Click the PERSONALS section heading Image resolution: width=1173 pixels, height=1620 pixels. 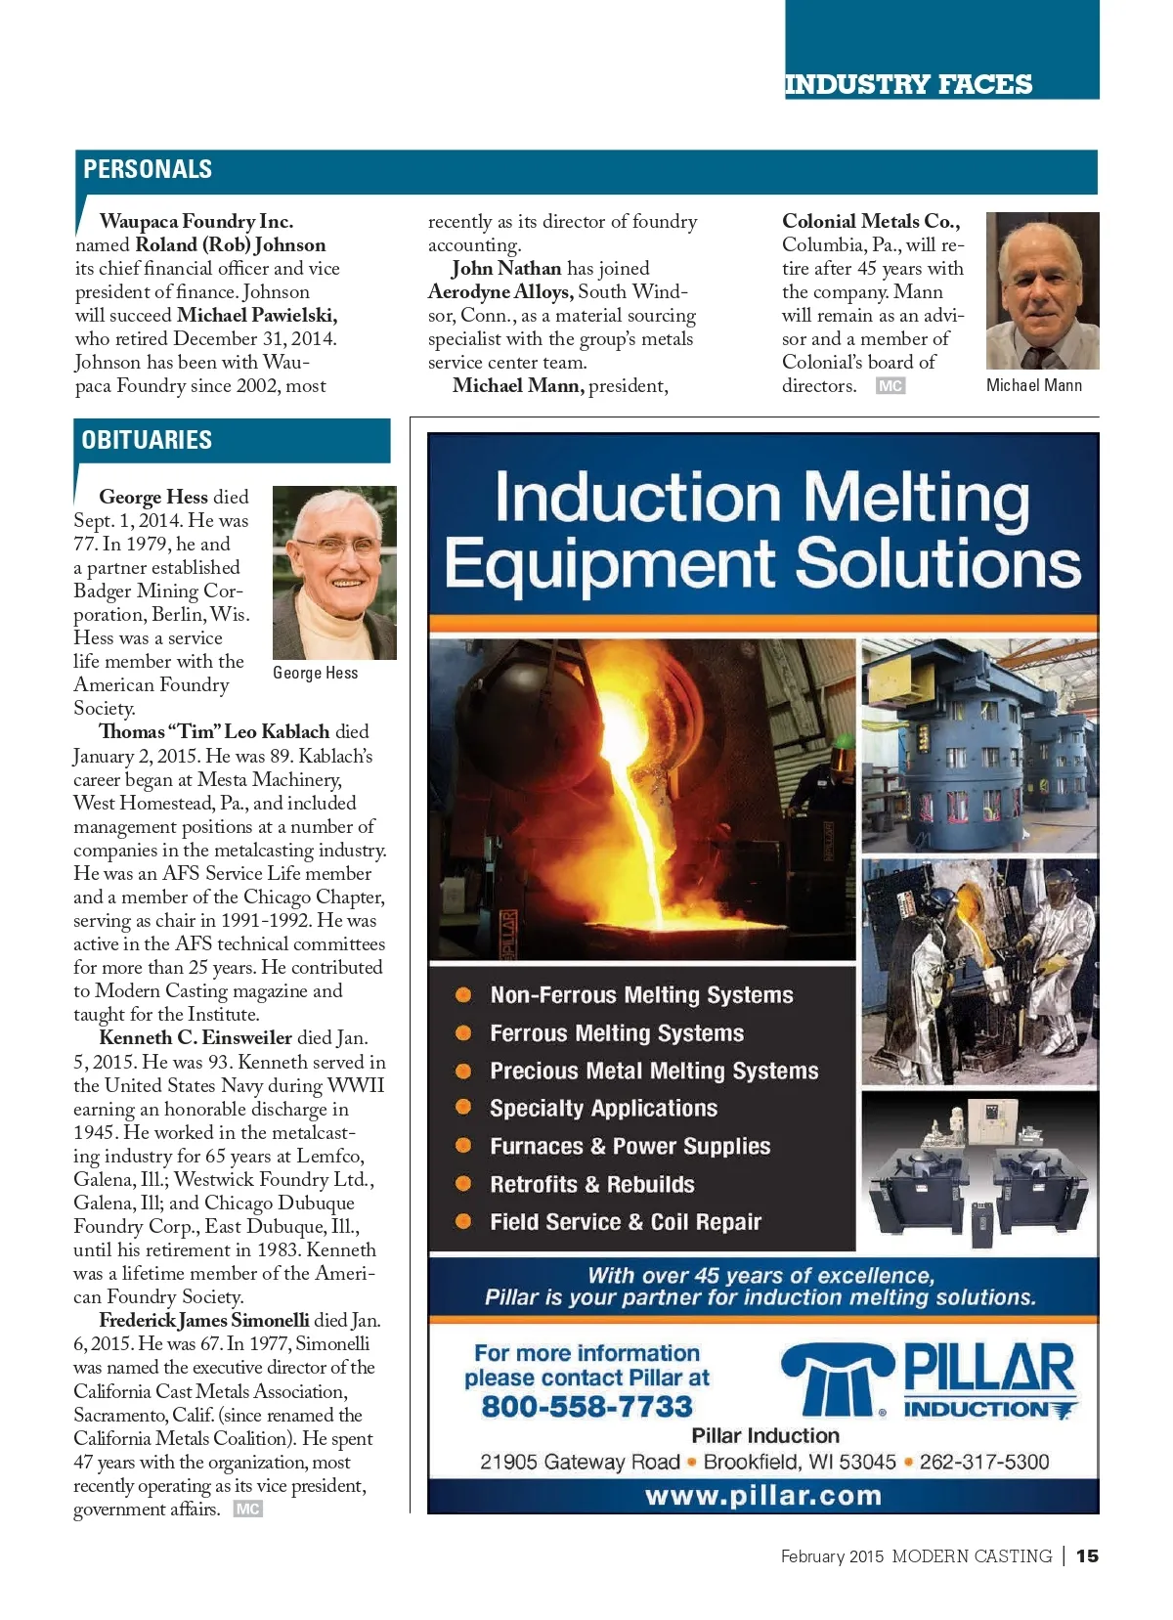tap(148, 169)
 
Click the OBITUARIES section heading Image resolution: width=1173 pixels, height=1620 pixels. tap(147, 440)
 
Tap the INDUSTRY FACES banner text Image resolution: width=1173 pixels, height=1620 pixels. tap(908, 84)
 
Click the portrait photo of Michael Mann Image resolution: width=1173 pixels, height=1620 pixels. tap(1042, 290)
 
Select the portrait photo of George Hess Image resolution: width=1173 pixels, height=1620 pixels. tap(334, 572)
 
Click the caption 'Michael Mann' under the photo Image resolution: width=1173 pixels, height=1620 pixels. tap(1034, 385)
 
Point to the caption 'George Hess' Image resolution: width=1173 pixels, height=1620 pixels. tap(316, 673)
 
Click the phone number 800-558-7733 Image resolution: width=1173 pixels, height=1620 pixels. tap(586, 1406)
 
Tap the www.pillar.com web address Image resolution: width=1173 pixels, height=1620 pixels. tap(763, 1496)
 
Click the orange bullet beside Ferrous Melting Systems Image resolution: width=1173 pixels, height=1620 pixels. tap(463, 1032)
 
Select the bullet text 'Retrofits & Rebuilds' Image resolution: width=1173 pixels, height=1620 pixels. tap(592, 1184)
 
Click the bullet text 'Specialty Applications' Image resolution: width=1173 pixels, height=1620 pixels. tap(603, 1108)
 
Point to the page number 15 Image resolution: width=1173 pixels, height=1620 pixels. tap(1087, 1555)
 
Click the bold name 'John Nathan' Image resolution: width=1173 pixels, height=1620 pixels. tap(506, 268)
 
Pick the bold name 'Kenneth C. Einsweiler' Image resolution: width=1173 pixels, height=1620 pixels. tap(195, 1038)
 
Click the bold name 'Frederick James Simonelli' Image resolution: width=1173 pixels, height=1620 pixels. tap(203, 1320)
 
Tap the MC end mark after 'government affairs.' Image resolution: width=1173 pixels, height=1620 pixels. tap(248, 1509)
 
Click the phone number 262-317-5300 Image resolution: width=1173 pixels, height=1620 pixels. tap(983, 1462)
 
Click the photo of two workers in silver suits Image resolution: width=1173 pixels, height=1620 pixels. tap(978, 973)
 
